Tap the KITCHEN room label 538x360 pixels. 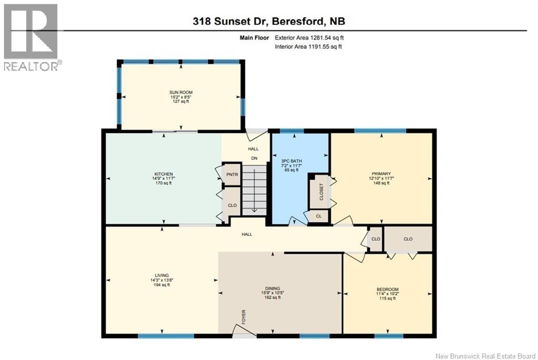pos(163,174)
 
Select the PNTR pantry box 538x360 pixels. pos(232,174)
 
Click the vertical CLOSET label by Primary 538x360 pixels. pos(322,192)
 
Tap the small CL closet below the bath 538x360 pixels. pos(318,216)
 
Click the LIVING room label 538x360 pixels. pos(161,275)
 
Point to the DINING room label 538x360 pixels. pos(272,288)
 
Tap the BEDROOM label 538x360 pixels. pos(387,290)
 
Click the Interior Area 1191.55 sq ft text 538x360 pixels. pos(309,47)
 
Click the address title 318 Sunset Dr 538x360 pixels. pos(268,21)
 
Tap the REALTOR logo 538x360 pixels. pos(30,37)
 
